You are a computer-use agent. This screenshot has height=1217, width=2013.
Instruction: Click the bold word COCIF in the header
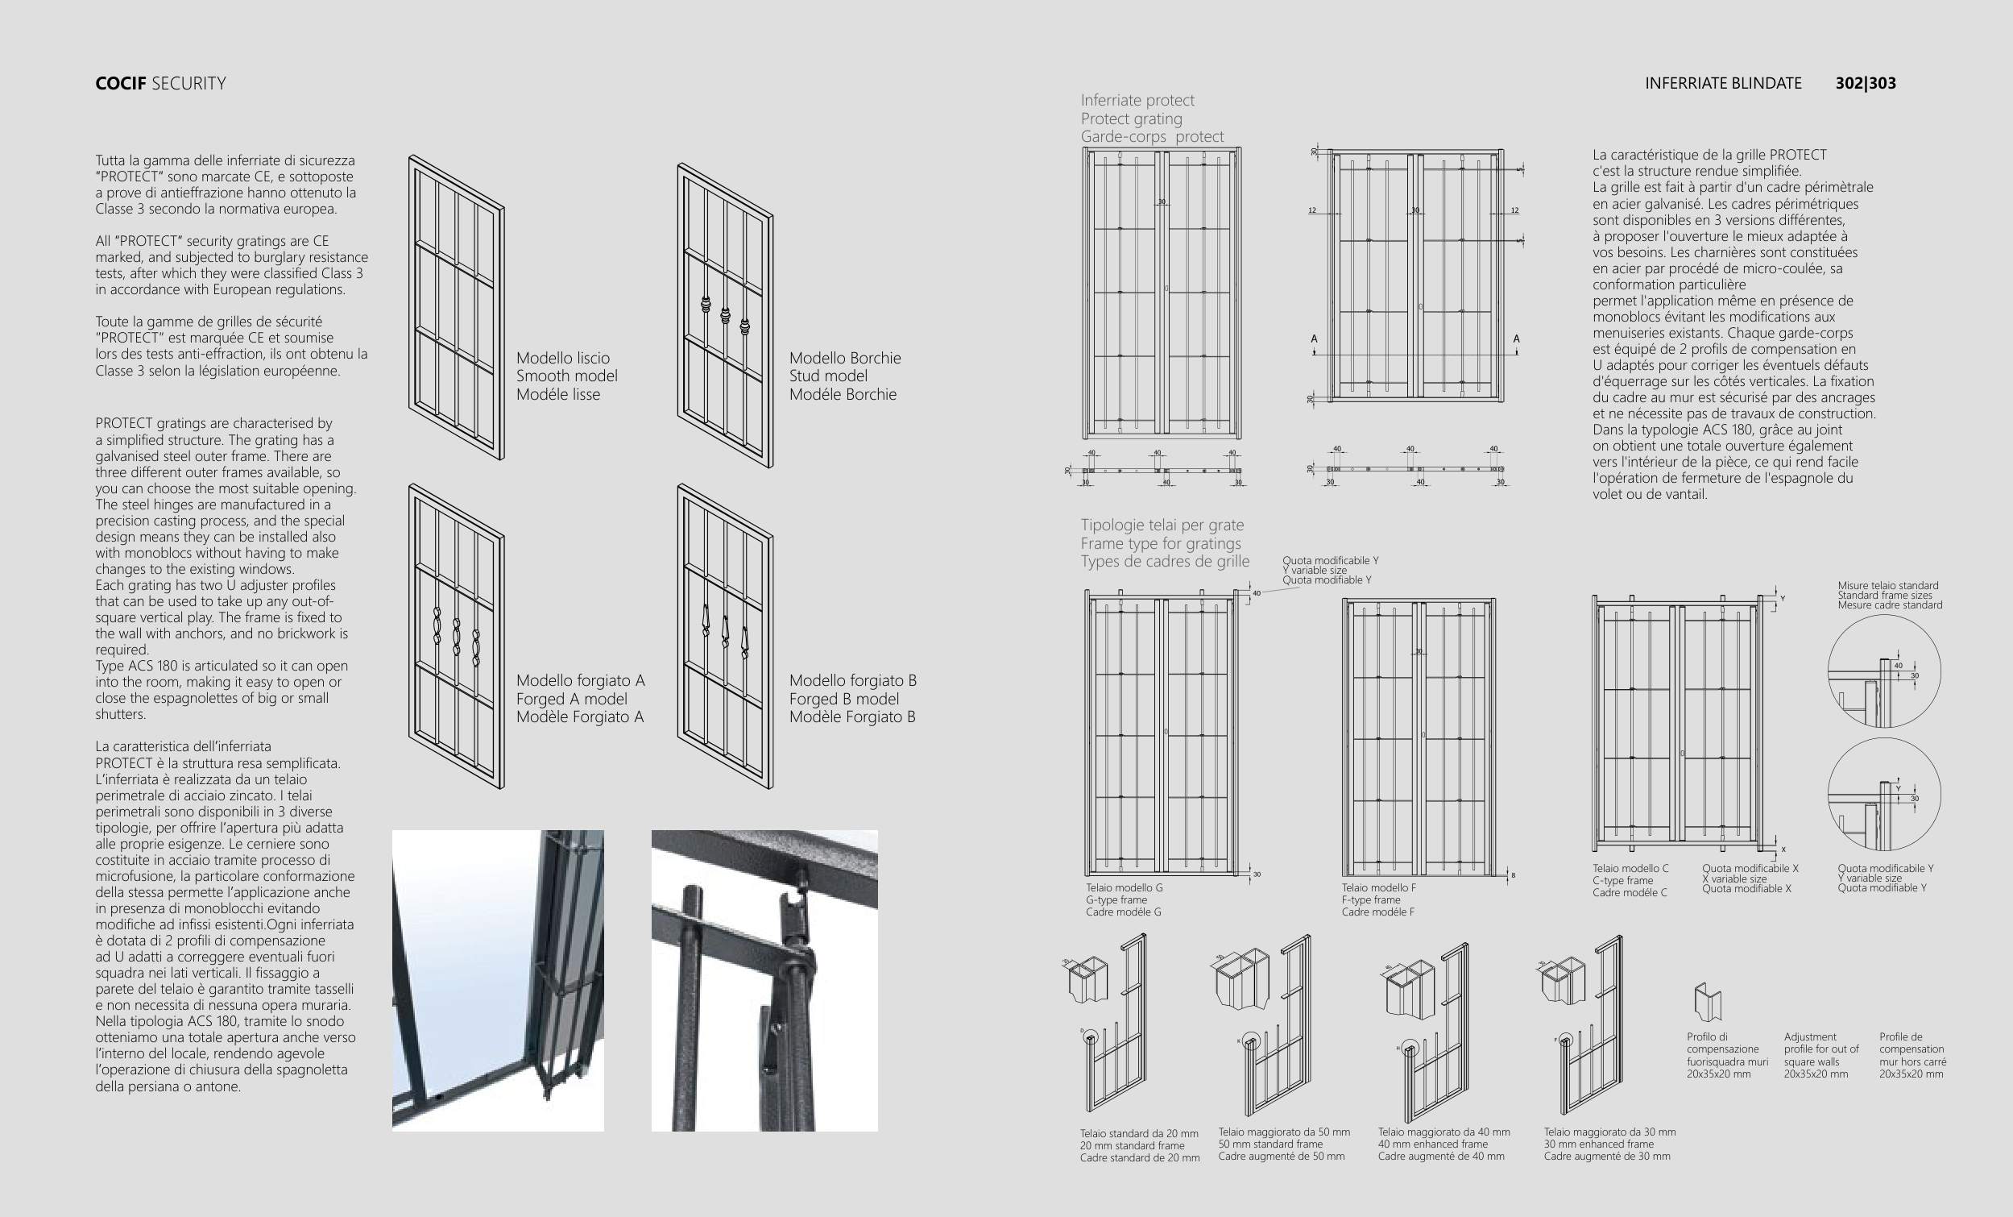pyautogui.click(x=121, y=83)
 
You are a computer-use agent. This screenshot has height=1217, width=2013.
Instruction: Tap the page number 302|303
pyautogui.click(x=1865, y=83)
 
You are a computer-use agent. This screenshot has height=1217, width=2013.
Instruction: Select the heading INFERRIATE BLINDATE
pyautogui.click(x=1723, y=83)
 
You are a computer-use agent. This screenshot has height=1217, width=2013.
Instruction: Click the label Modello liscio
pyautogui.click(x=563, y=358)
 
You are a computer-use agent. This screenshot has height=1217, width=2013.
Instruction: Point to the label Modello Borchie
pyautogui.click(x=845, y=358)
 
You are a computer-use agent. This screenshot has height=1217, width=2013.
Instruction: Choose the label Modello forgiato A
pyautogui.click(x=580, y=681)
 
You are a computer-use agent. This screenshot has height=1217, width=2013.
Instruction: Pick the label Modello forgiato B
pyautogui.click(x=853, y=681)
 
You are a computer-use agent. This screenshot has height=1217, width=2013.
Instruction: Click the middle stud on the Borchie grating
pyautogui.click(x=725, y=314)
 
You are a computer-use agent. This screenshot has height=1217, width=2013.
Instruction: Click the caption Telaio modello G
pyautogui.click(x=1125, y=887)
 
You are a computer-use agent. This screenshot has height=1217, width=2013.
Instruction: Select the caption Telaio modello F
pyautogui.click(x=1379, y=887)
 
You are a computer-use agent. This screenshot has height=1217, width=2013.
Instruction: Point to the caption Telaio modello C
pyautogui.click(x=1630, y=869)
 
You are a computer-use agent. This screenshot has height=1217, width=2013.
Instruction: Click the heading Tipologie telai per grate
pyautogui.click(x=1162, y=525)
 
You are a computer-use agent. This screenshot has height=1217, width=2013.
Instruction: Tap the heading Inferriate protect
pyautogui.click(x=1137, y=101)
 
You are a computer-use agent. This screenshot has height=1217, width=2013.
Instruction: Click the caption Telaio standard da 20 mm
pyautogui.click(x=1139, y=1134)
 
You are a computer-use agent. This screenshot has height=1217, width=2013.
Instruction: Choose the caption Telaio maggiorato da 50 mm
pyautogui.click(x=1283, y=1132)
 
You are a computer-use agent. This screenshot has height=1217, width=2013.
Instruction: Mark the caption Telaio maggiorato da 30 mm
pyautogui.click(x=1609, y=1132)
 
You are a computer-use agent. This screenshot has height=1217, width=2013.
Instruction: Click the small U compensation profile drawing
pyautogui.click(x=1707, y=1001)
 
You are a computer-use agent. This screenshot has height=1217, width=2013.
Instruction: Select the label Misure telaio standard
pyautogui.click(x=1888, y=586)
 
